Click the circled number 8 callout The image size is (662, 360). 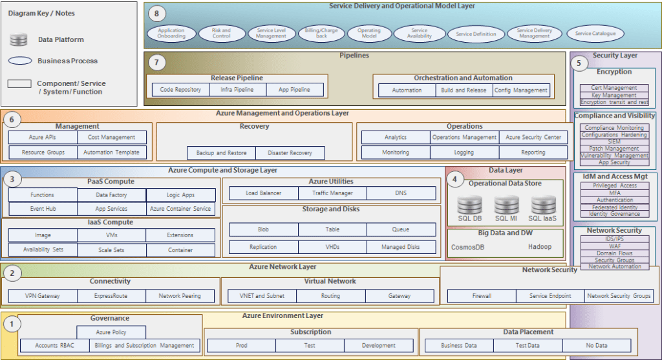tap(156, 14)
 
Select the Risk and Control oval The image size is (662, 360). tap(221, 34)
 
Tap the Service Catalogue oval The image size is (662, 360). tap(595, 34)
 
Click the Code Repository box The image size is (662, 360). tap(180, 90)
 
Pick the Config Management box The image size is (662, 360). tap(521, 90)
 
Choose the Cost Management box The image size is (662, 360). tap(112, 137)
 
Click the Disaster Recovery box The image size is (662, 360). tap(290, 153)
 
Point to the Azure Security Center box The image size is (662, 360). tap(533, 137)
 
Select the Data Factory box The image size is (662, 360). tap(112, 195)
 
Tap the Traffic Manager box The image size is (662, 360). tap(332, 193)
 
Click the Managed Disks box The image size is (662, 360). tap(401, 247)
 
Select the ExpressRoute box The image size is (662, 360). tap(111, 296)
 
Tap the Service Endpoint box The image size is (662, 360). tap(550, 296)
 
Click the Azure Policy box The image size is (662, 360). tap(111, 332)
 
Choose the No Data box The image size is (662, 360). tap(596, 346)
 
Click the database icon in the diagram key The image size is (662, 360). tap(18, 40)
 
